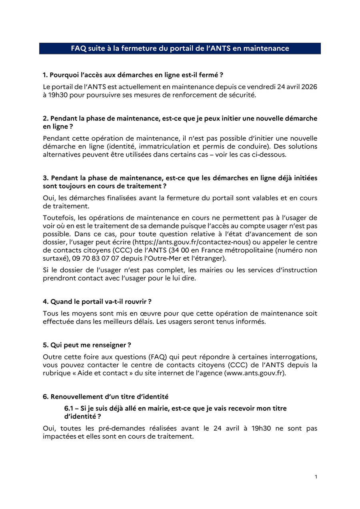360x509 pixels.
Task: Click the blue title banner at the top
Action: (180, 48)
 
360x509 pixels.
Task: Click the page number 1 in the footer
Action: (316, 477)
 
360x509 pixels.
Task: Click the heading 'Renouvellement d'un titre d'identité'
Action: (106, 397)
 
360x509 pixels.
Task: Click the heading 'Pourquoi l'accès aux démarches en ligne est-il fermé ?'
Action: (133, 75)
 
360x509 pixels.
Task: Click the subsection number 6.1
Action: (70, 409)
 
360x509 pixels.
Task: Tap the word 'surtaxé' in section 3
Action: (56, 258)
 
